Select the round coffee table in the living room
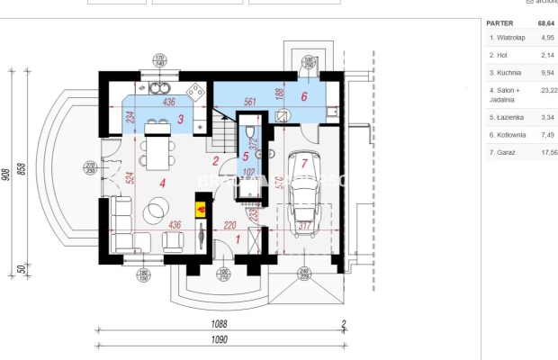coord(156,210)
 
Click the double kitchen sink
coord(160,88)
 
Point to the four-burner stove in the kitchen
coord(194,90)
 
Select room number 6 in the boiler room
coord(303,96)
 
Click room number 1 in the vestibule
coord(237,238)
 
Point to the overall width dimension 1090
coord(220,340)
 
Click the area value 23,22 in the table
coord(546,90)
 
